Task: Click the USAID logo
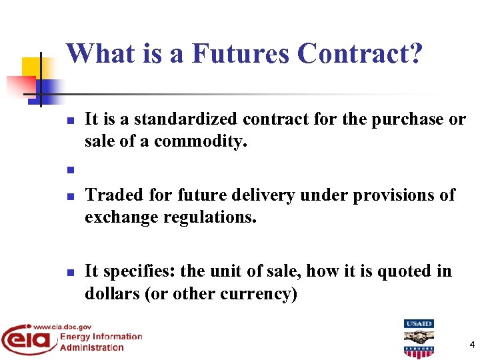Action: (x=419, y=339)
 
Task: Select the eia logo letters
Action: (x=28, y=341)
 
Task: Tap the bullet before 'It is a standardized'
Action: (x=70, y=121)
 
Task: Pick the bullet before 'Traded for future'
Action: (x=70, y=197)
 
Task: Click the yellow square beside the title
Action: (x=31, y=67)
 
